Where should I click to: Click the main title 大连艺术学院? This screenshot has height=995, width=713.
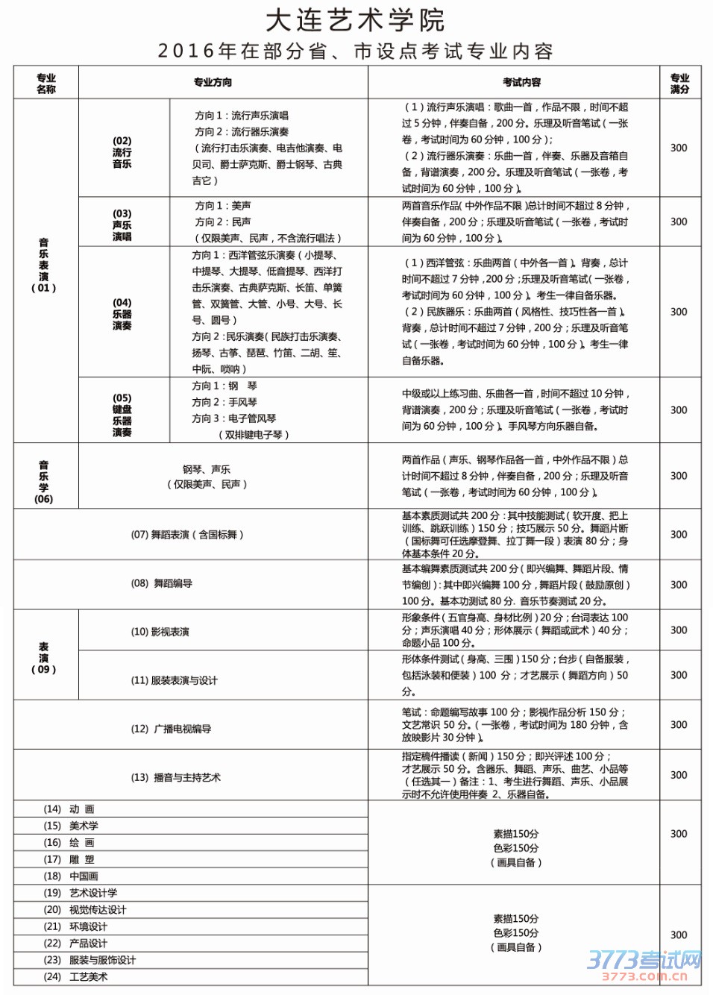pyautogui.click(x=355, y=21)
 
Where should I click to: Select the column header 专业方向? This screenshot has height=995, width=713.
pyautogui.click(x=213, y=83)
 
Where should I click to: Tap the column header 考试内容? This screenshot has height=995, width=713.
pyautogui.click(x=521, y=83)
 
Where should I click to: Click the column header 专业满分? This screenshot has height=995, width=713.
pyautogui.click(x=679, y=84)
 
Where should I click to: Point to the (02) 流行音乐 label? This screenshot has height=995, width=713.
pyautogui.click(x=122, y=152)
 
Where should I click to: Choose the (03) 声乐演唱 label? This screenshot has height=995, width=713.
pyautogui.click(x=122, y=225)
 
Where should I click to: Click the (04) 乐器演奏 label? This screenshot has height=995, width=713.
pyautogui.click(x=122, y=314)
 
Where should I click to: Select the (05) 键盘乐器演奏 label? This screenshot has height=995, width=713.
pyautogui.click(x=122, y=415)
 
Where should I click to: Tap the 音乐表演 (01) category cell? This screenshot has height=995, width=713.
pyautogui.click(x=44, y=266)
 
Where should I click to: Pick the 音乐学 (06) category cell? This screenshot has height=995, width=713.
pyautogui.click(x=44, y=482)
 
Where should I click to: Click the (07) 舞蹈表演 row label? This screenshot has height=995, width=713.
pyautogui.click(x=187, y=535)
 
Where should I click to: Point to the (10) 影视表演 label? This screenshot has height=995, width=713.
pyautogui.click(x=160, y=632)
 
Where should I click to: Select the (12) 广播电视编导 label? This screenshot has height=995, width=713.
pyautogui.click(x=171, y=729)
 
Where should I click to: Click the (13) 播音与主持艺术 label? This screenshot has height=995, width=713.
pyautogui.click(x=175, y=777)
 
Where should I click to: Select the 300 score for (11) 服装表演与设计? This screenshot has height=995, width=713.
pyautogui.click(x=679, y=675)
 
